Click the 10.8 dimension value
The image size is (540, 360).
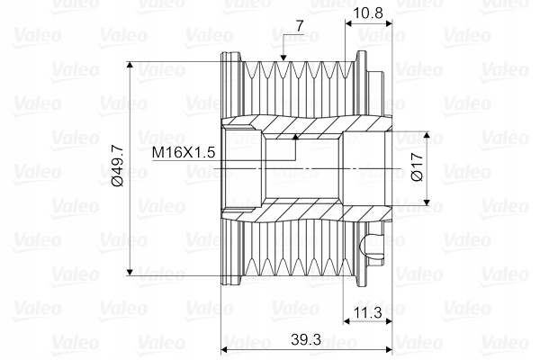[368, 13]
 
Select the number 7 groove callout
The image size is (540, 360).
[300, 26]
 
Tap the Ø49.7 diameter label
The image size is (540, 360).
[118, 166]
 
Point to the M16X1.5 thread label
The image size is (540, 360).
[184, 152]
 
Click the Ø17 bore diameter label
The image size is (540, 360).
[417, 167]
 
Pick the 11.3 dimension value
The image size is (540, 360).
[368, 313]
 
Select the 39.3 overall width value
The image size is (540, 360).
[306, 339]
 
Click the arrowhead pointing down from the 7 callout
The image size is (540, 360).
[283, 58]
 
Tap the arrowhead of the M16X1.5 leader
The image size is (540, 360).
[295, 138]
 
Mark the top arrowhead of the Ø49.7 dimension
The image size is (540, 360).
[130, 66]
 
